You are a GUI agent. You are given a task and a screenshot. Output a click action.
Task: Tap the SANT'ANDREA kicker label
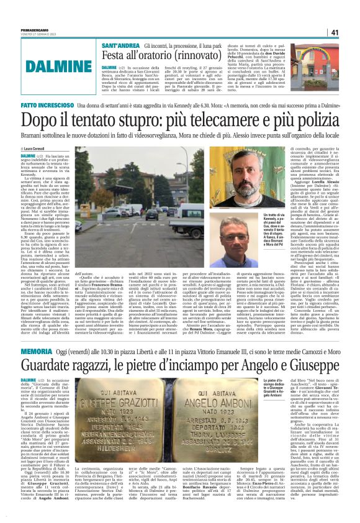[120, 47]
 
